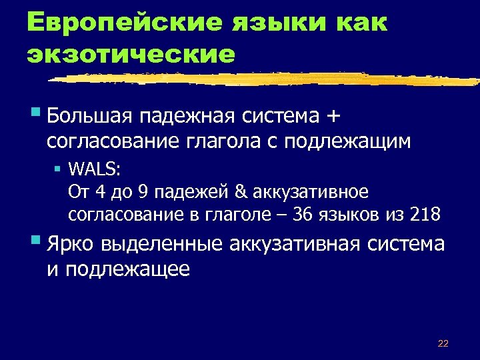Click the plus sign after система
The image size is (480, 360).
pos(334,117)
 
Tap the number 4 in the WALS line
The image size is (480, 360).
pos(101,192)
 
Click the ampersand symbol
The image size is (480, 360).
pos(240,192)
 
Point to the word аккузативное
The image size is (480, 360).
pos(310,192)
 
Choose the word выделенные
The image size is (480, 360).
pos(163,244)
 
